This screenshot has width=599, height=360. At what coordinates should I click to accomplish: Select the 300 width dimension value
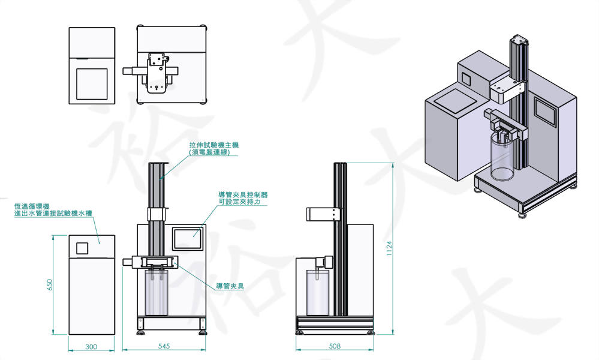click(x=91, y=347)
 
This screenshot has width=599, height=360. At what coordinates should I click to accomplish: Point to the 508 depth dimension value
click(x=336, y=347)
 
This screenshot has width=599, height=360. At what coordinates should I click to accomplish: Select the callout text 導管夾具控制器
click(x=243, y=194)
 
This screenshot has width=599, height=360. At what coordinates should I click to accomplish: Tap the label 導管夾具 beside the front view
click(x=231, y=286)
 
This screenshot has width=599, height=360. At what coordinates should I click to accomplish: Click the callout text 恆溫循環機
click(x=31, y=206)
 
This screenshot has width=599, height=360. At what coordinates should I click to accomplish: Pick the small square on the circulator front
click(x=83, y=247)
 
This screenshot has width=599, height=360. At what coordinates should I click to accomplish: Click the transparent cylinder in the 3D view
click(x=501, y=157)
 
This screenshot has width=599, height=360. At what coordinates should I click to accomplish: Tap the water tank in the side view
click(x=318, y=292)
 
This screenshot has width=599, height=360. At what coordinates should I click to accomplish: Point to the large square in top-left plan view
click(x=92, y=83)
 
